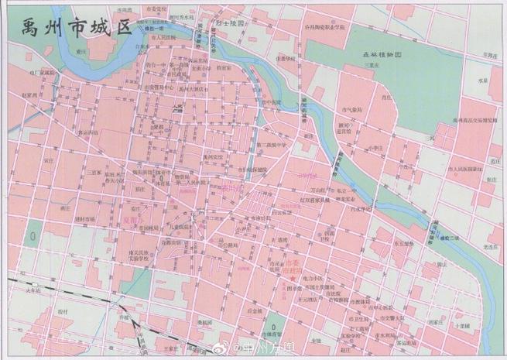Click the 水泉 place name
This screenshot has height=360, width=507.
click(x=483, y=81)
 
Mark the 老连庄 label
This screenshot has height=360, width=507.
click(x=487, y=247)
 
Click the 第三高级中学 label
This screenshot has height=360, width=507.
click(x=271, y=145)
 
